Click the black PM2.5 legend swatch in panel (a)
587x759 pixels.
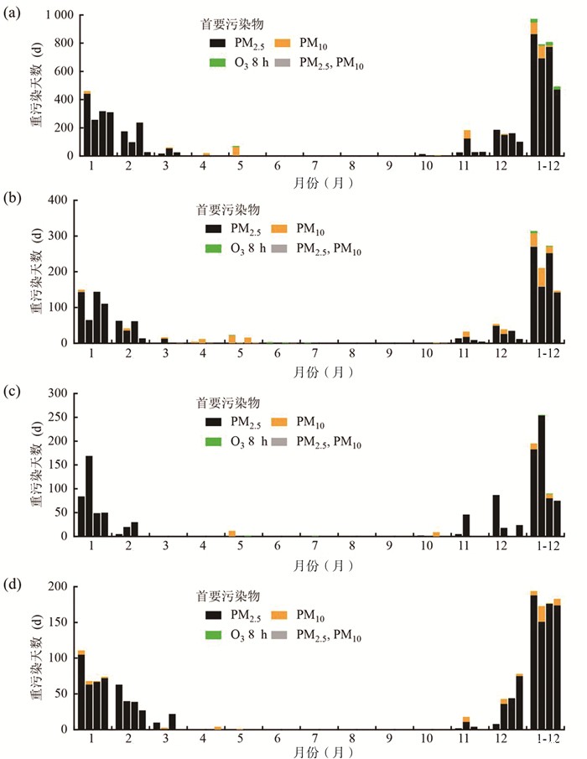click(218, 42)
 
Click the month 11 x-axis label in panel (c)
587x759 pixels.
click(462, 547)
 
